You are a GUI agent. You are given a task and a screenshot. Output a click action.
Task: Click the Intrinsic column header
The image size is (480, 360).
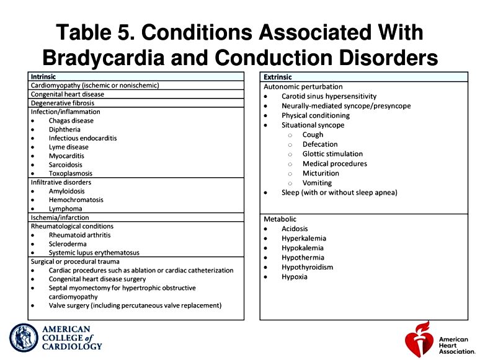click(x=43, y=77)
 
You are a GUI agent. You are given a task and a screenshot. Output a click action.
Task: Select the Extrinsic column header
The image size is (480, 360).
click(x=278, y=77)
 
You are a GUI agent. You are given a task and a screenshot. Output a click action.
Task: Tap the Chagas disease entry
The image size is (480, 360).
click(x=71, y=120)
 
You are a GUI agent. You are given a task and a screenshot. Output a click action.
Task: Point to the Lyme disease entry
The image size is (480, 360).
click(x=69, y=147)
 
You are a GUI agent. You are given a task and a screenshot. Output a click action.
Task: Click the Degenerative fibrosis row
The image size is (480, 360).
click(x=63, y=103)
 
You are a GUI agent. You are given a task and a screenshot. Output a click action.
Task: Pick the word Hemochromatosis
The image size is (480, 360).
click(x=76, y=200)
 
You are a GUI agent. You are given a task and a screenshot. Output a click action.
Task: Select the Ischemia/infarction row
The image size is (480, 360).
click(x=60, y=217)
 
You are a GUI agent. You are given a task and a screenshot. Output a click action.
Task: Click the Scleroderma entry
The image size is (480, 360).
click(x=68, y=244)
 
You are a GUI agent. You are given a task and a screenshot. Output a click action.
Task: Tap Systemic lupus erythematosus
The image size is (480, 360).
click(x=94, y=253)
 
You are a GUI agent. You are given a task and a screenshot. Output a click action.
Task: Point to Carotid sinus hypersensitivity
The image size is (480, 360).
click(x=329, y=96)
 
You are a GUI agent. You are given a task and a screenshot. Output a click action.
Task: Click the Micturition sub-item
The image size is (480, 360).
click(x=321, y=173)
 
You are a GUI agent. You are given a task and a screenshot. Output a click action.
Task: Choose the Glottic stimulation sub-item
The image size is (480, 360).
click(x=332, y=154)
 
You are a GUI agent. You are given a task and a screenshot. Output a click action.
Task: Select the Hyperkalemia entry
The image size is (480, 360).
click(x=304, y=239)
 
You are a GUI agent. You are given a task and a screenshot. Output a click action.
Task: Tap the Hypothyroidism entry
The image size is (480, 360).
click(x=308, y=267)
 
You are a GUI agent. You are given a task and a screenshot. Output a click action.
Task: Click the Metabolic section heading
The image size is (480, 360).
click(x=280, y=219)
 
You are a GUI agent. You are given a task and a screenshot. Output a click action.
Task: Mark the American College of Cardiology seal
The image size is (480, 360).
click(x=24, y=338)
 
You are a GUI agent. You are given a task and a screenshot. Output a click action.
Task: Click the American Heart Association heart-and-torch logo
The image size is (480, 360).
click(x=419, y=339)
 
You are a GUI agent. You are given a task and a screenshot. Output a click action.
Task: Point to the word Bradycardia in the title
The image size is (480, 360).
click(x=104, y=58)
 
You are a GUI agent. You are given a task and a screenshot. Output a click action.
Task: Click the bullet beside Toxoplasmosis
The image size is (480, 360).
click(x=33, y=173)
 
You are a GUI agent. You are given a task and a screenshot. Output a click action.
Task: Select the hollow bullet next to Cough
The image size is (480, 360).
click(x=290, y=135)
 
